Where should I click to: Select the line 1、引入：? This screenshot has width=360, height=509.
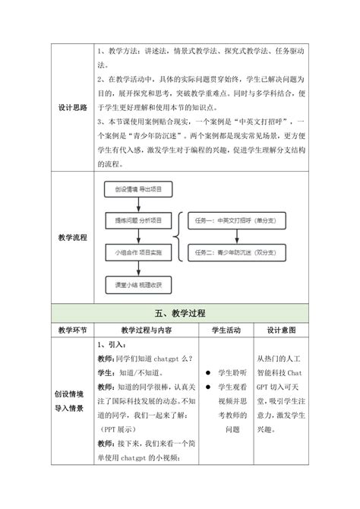(115, 344)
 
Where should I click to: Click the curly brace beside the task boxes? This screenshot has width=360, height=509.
(178, 236)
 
